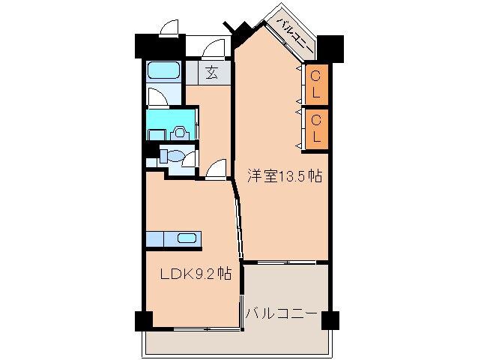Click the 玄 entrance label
point(212,73)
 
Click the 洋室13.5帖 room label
point(285,177)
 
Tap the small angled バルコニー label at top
point(295,33)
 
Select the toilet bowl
point(173,157)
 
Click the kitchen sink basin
point(187,238)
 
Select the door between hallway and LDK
point(215,170)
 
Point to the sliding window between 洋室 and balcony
point(285,262)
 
